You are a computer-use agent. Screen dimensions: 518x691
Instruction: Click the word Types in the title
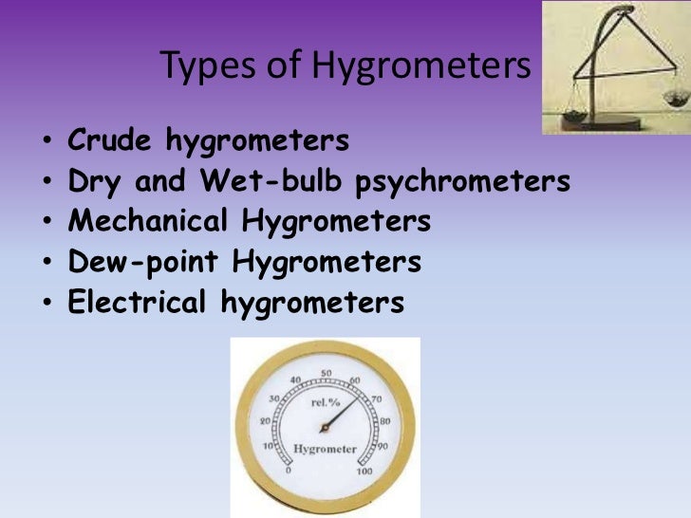pyautogui.click(x=196, y=67)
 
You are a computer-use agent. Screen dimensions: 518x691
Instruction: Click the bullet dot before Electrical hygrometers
pyautogui.click(x=47, y=304)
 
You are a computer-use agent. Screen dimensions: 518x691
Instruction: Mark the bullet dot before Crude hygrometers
pyautogui.click(x=47, y=141)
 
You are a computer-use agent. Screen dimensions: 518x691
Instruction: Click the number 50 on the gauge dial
pyautogui.click(x=326, y=374)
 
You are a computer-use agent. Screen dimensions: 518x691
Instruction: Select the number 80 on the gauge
pyautogui.click(x=384, y=420)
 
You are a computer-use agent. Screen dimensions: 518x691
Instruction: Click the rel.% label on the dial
pyautogui.click(x=326, y=402)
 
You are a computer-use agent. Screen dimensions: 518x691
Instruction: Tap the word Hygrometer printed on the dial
pyautogui.click(x=326, y=449)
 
